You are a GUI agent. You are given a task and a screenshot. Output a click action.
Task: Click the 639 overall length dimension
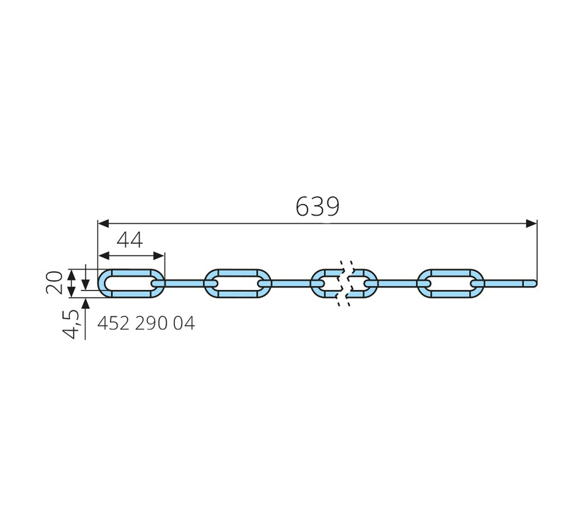click(317, 207)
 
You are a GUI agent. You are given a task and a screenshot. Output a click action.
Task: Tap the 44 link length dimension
click(130, 240)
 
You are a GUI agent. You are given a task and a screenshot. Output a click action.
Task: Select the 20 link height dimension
click(54, 283)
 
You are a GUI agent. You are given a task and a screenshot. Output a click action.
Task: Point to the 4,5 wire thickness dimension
click(71, 325)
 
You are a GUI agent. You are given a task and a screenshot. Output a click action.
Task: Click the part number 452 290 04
click(146, 324)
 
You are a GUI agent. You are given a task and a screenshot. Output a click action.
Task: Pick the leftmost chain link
click(131, 270)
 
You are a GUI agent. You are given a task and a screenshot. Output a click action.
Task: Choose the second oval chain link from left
click(237, 270)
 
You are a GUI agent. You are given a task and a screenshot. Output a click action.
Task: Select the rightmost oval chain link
click(450, 270)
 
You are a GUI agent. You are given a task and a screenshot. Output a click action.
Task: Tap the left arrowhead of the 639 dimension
click(103, 223)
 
